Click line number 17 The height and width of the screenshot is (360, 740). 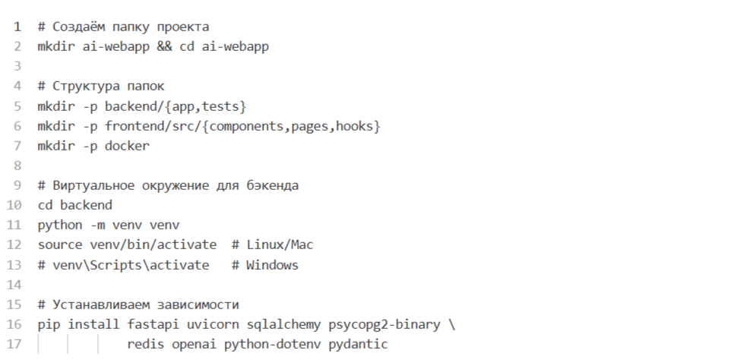click(14, 344)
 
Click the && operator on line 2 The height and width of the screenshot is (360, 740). click(164, 47)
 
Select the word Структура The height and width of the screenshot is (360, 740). click(86, 87)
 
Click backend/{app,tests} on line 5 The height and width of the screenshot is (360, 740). click(176, 106)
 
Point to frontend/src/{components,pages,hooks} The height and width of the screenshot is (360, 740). click(242, 126)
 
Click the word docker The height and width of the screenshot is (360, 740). click(127, 146)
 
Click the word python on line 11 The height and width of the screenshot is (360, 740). click(60, 226)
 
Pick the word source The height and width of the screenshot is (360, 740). click(60, 245)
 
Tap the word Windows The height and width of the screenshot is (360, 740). click(272, 265)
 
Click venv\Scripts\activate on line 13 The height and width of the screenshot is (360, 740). click(131, 265)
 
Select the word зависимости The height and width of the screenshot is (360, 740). click(201, 305)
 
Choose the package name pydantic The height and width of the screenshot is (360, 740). click(358, 344)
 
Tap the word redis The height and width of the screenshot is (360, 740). click(146, 344)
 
